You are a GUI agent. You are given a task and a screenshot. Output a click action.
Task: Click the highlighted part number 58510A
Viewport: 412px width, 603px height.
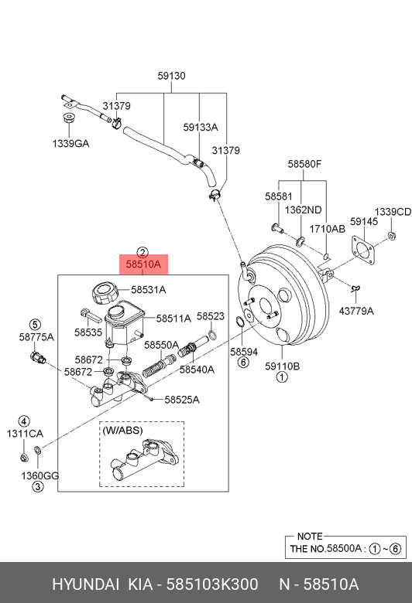pyautogui.click(x=143, y=264)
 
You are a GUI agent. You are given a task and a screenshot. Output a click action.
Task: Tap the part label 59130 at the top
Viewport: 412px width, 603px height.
pyautogui.click(x=171, y=76)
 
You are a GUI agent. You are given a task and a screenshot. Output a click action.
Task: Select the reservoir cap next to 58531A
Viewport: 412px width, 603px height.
pyautogui.click(x=104, y=293)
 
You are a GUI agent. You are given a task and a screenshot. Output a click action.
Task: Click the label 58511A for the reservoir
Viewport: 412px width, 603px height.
pyautogui.click(x=173, y=319)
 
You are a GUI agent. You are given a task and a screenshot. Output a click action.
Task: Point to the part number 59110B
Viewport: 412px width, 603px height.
pyautogui.click(x=283, y=366)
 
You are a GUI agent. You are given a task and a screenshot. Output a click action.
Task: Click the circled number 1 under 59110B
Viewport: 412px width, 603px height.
pyautogui.click(x=282, y=377)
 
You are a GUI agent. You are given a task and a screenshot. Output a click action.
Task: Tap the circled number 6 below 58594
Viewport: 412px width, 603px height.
pyautogui.click(x=244, y=362)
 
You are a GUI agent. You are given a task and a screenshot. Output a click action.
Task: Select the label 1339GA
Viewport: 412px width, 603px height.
pyautogui.click(x=70, y=144)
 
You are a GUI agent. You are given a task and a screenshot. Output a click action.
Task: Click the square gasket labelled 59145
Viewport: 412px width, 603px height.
pyautogui.click(x=362, y=250)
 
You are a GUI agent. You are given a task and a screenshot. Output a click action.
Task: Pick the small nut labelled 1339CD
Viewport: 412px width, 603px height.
pyautogui.click(x=392, y=236)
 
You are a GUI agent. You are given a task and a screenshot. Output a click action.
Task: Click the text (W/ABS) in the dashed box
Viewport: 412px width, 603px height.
pyautogui.click(x=122, y=431)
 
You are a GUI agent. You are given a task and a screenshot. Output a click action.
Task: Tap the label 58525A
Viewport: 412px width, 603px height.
pyautogui.click(x=182, y=400)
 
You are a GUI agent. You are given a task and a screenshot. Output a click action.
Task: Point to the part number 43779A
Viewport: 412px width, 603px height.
pyautogui.click(x=356, y=311)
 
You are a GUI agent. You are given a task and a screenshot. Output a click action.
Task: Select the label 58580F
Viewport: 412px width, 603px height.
pyautogui.click(x=304, y=164)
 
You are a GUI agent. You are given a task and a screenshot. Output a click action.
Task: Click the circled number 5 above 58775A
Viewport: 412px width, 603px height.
pyautogui.click(x=35, y=325)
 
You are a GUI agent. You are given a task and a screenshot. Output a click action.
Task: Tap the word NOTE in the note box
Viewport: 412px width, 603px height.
pyautogui.click(x=310, y=536)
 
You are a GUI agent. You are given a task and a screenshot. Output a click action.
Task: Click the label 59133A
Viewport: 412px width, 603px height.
pyautogui.click(x=201, y=128)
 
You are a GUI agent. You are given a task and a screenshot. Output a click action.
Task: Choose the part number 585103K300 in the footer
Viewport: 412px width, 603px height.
pyautogui.click(x=212, y=584)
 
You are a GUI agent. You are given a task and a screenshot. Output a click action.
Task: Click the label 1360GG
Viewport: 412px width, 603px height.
pyautogui.click(x=40, y=475)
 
